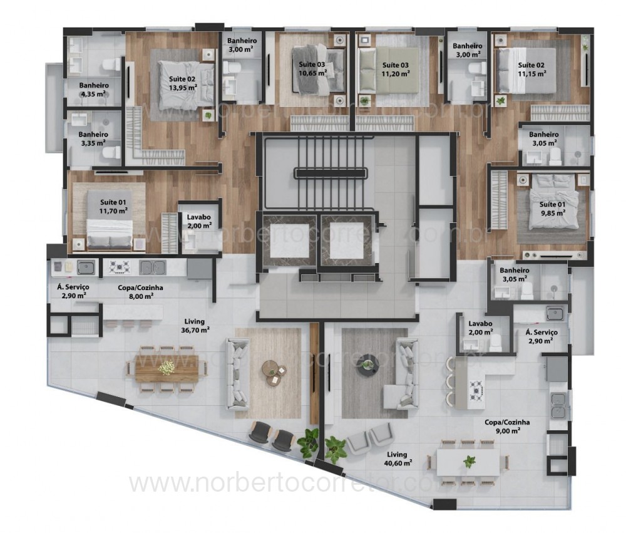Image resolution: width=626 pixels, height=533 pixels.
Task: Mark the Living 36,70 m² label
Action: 195,325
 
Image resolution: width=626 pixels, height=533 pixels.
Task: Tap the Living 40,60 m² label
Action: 398,458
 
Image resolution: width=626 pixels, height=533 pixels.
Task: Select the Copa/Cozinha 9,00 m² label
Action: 506,427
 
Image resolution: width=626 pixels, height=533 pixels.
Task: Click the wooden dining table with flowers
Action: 167,368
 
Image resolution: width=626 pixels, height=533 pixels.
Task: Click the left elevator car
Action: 290,240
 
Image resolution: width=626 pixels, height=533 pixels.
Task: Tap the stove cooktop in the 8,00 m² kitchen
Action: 119,267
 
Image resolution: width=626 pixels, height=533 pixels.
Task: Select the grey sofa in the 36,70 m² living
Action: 238,375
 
